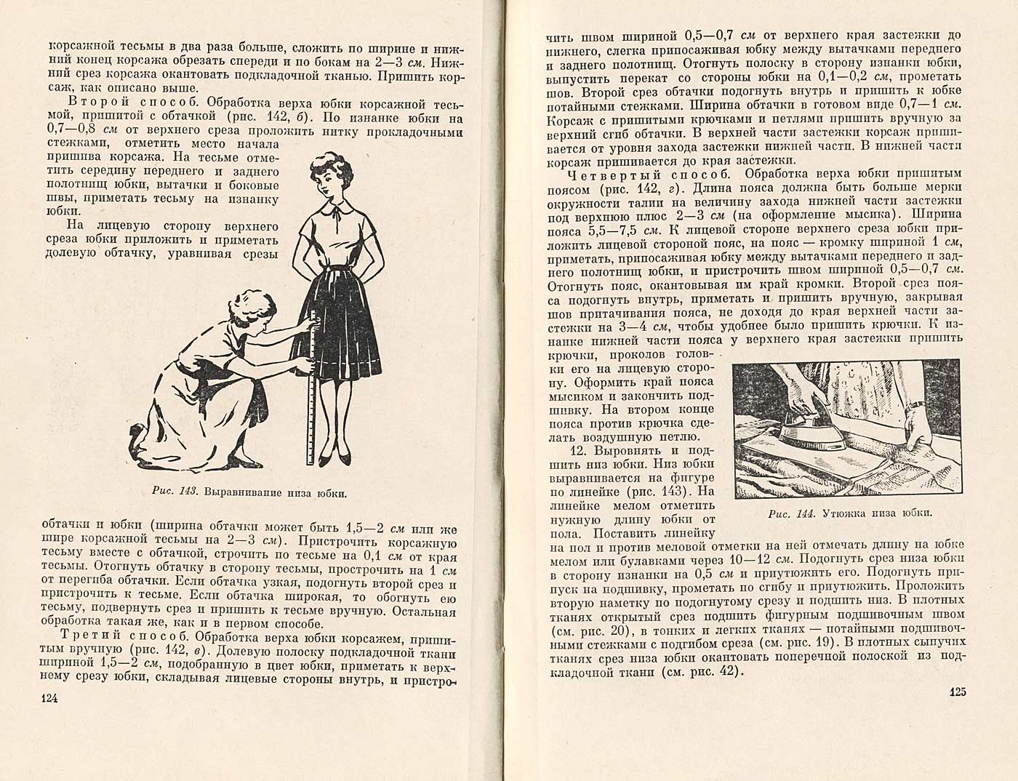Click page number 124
tap(49, 698)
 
